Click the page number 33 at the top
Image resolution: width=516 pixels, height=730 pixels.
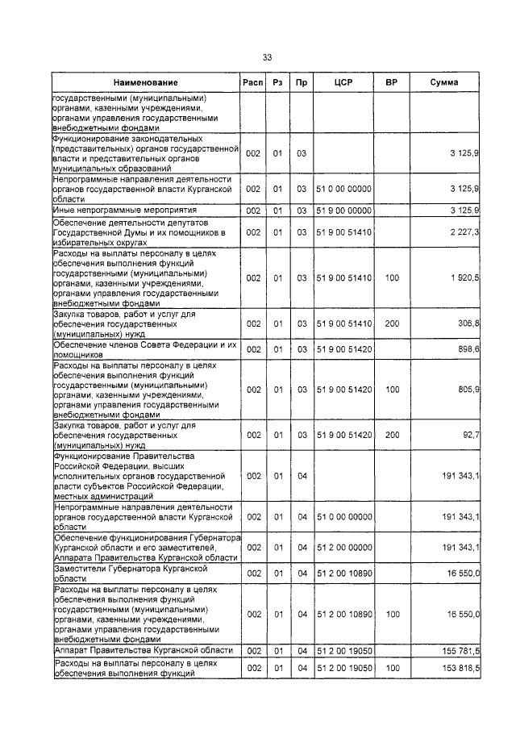(267, 57)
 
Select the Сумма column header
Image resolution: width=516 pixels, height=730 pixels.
(444, 83)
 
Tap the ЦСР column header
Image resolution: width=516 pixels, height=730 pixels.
(344, 83)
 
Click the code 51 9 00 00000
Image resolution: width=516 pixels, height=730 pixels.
(344, 211)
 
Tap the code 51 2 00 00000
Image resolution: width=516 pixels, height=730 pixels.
(344, 548)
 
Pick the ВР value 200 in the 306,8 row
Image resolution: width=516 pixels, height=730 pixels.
(393, 323)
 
